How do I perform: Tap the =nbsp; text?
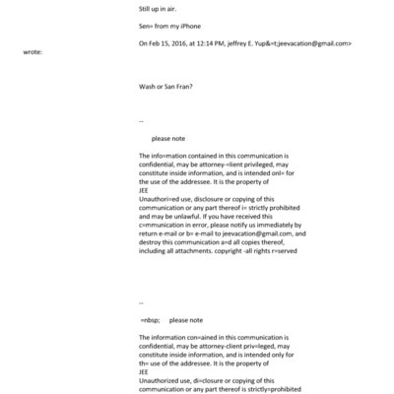(x=151, y=320)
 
